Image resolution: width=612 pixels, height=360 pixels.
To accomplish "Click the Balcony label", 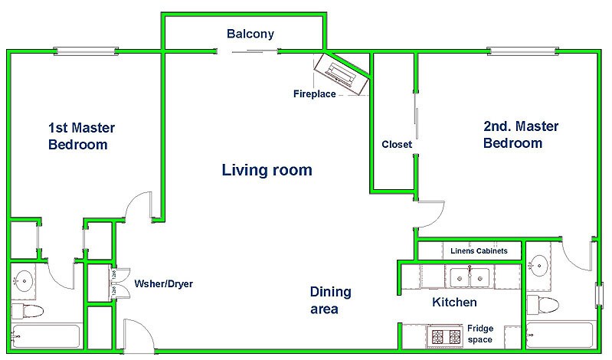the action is tap(250, 34).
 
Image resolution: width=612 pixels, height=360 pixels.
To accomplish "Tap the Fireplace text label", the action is tap(315, 93).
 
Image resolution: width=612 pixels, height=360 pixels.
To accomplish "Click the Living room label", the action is tap(267, 170).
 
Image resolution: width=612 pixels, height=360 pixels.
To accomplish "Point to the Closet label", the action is tap(397, 144).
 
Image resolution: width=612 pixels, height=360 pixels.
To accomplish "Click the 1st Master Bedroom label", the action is tap(81, 136).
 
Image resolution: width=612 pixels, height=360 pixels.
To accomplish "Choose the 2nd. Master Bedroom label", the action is tap(521, 134).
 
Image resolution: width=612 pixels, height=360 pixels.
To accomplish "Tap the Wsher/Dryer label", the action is tap(164, 283).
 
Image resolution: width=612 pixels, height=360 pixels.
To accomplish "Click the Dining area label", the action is tap(331, 299).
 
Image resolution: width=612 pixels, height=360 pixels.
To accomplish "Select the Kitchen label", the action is tap(454, 302).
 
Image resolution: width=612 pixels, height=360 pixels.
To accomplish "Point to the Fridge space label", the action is tap(480, 334).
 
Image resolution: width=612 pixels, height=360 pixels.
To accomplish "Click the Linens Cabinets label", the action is tap(479, 250).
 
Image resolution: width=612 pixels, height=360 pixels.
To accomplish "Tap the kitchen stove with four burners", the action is tap(445, 336).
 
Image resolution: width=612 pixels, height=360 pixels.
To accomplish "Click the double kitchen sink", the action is tap(470, 277).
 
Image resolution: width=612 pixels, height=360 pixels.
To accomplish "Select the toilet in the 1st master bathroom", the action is tap(28, 311).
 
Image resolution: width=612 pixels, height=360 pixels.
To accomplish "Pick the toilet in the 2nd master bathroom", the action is tap(543, 305).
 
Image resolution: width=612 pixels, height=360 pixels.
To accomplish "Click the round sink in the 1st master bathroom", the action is tap(24, 281).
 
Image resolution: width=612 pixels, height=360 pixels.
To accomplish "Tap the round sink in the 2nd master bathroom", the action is tap(538, 266).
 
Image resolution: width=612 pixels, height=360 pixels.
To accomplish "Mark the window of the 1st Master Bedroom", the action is tap(86, 51).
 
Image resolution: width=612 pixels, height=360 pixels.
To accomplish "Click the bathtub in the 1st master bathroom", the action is tap(46, 335).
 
